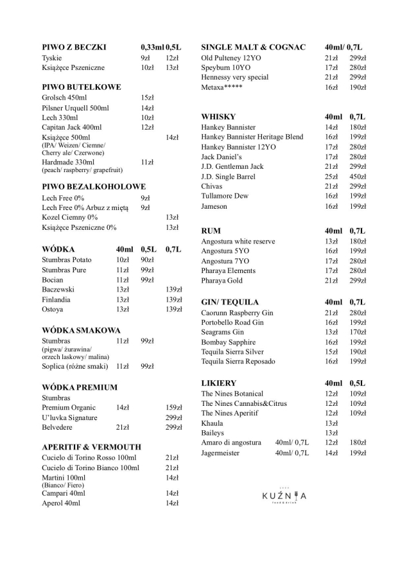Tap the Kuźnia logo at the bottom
click(x=284, y=496)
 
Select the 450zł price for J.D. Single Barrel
click(x=358, y=177)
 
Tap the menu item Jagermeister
click(x=220, y=453)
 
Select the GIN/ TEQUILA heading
click(x=230, y=302)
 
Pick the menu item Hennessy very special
click(x=234, y=77)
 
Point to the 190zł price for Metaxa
click(x=358, y=87)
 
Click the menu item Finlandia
click(x=56, y=300)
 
